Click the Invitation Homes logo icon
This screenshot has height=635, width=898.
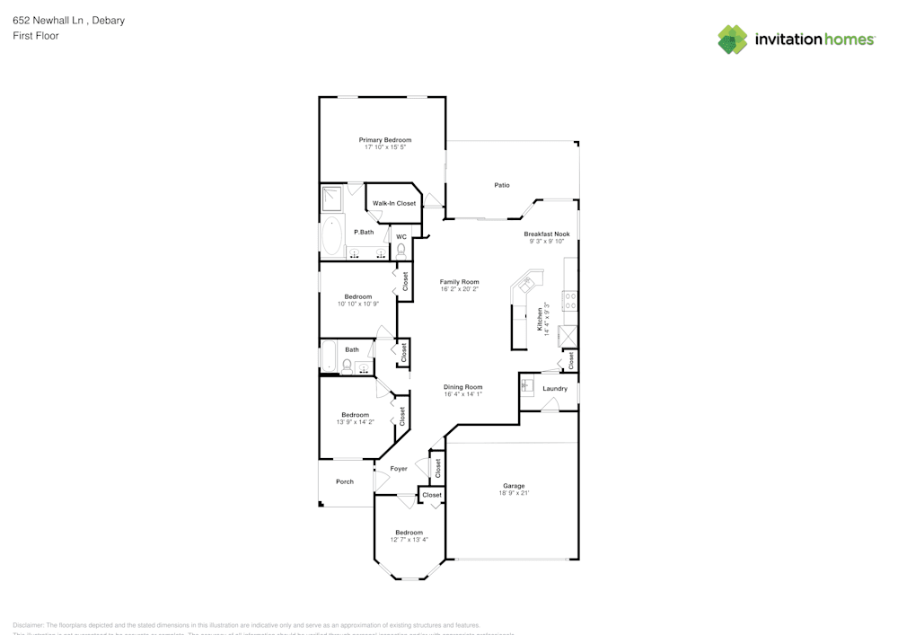(x=733, y=40)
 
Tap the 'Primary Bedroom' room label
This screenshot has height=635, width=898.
(x=385, y=140)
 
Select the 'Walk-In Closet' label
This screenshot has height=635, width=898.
(x=394, y=204)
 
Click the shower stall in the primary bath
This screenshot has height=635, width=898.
(x=332, y=198)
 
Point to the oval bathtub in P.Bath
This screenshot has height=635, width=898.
(x=332, y=235)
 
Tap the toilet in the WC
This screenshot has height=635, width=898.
(x=401, y=250)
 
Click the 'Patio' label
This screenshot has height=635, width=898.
(x=502, y=185)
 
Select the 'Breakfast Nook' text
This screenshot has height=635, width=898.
(x=547, y=234)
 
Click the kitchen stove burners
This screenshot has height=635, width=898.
(x=569, y=301)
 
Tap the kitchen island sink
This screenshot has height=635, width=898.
(x=526, y=285)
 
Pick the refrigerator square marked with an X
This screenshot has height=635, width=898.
(x=568, y=336)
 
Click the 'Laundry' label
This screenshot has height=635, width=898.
(x=555, y=389)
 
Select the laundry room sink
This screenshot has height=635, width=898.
(x=528, y=385)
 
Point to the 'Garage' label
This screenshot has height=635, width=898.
(x=514, y=486)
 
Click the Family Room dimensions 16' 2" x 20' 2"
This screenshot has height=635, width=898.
(x=459, y=289)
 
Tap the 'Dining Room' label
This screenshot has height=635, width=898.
(x=462, y=387)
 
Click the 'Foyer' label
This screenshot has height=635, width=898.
(x=399, y=469)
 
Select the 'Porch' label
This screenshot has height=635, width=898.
(x=345, y=481)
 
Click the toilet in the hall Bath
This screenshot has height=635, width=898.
(x=347, y=365)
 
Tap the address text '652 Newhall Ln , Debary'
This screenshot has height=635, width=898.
(x=69, y=20)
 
